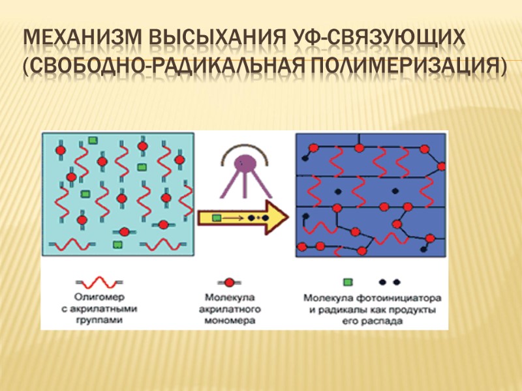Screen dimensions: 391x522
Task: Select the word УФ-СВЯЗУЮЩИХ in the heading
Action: point(378,40)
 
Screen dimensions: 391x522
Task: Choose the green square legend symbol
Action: point(348,282)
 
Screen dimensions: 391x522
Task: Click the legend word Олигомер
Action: point(98,298)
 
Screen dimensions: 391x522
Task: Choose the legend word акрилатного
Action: point(229,310)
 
